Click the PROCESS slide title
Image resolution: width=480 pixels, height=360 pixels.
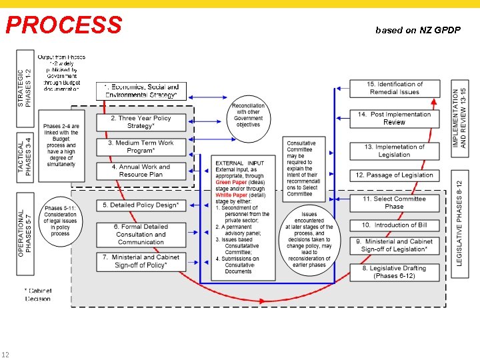(64, 25)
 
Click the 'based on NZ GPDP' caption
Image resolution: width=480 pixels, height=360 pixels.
(417, 30)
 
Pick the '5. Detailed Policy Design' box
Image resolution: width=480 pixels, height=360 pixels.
(140, 205)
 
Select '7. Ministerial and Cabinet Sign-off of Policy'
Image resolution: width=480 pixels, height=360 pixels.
(140, 261)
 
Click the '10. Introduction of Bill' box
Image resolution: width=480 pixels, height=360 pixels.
(395, 225)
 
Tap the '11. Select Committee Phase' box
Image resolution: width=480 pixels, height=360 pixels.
(395, 203)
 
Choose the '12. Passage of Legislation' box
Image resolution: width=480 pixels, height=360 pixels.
(395, 175)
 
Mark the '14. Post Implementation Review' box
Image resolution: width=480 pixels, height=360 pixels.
(395, 118)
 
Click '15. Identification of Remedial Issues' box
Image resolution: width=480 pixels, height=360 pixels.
(395, 88)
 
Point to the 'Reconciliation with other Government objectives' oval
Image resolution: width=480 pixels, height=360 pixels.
(248, 115)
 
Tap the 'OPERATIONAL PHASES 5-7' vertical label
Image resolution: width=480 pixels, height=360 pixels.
(24, 225)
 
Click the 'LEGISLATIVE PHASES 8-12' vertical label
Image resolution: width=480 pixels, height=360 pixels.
(459, 218)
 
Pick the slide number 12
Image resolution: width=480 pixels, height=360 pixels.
(5, 354)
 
